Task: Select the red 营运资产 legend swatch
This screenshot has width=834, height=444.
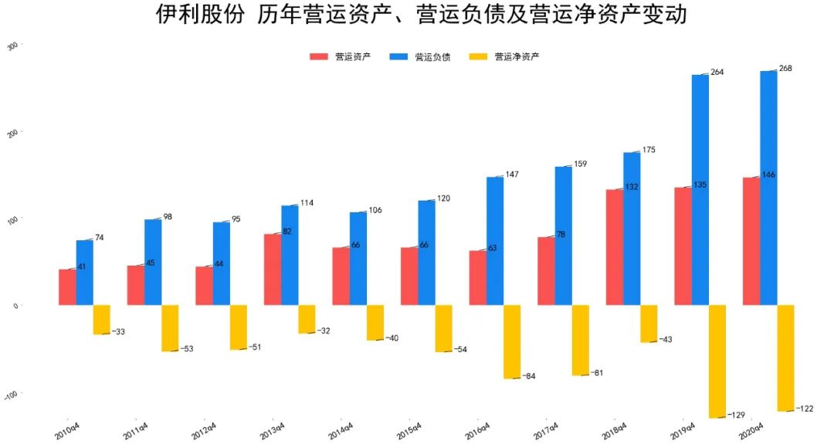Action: coord(319,57)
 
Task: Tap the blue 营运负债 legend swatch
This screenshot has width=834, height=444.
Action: coord(399,57)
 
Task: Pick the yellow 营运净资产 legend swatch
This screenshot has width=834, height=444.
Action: coord(479,57)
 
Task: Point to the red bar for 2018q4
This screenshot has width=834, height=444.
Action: coord(615,247)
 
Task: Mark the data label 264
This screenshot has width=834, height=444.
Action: coord(717,72)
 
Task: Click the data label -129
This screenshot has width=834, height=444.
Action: coord(736,415)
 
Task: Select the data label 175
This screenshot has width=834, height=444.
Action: coord(649,150)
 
